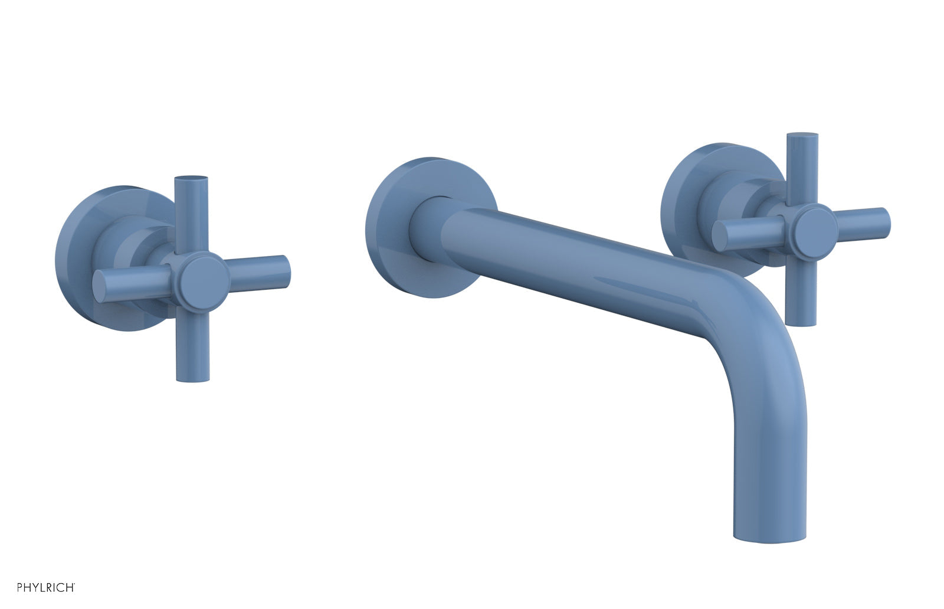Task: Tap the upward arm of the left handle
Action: click(192, 212)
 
